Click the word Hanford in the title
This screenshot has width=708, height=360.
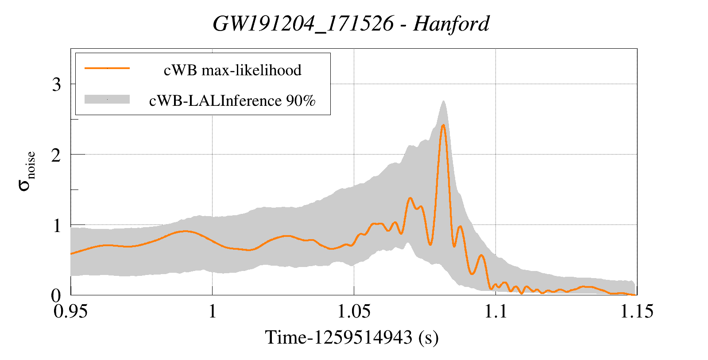[x=451, y=23]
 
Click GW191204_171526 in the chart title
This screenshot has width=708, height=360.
[x=303, y=23]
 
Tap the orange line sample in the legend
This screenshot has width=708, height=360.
[x=107, y=68]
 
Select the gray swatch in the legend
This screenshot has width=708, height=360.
[x=107, y=99]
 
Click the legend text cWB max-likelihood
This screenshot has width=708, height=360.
[x=232, y=70]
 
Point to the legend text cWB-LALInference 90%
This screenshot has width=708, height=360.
[x=232, y=101]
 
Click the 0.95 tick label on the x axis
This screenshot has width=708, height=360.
[x=71, y=311]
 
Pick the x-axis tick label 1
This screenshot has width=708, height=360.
[x=212, y=311]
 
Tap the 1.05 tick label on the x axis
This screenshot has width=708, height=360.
[x=354, y=311]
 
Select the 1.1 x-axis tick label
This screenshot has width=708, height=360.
[x=495, y=311]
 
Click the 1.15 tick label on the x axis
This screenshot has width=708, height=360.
[x=637, y=311]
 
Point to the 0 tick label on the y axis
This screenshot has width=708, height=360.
[x=56, y=295]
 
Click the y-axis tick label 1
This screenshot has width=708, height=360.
[x=56, y=225]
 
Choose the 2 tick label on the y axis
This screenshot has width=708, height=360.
[x=56, y=155]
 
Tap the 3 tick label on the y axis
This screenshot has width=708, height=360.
[x=56, y=84]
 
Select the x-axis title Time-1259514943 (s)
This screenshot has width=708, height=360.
[x=352, y=337]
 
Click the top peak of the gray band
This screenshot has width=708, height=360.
[x=443, y=101]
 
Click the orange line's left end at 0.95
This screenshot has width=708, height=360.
[x=71, y=254]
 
